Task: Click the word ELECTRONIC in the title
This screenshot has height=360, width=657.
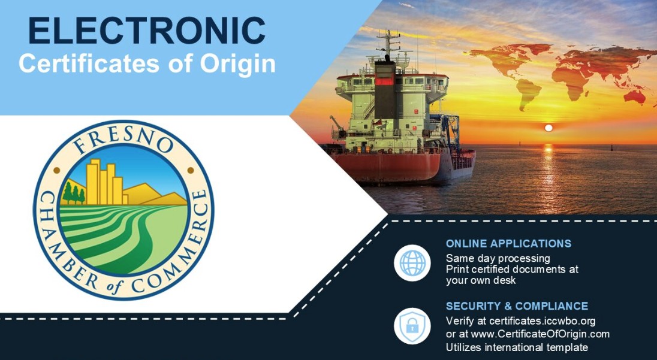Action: (x=147, y=31)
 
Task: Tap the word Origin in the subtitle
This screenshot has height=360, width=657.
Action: (x=237, y=64)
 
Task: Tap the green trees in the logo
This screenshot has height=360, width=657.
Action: (x=73, y=193)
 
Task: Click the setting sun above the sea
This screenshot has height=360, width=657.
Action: (x=548, y=128)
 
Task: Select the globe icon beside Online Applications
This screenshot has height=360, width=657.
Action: (x=412, y=263)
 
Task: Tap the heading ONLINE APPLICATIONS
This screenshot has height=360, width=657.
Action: (x=508, y=244)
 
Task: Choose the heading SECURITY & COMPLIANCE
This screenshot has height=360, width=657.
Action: (x=517, y=306)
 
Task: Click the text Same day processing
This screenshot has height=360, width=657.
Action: (x=498, y=258)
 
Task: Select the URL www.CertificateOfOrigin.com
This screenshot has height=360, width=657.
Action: (x=540, y=334)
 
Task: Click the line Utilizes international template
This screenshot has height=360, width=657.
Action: (x=517, y=347)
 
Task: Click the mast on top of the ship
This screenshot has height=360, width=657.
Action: (x=388, y=44)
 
